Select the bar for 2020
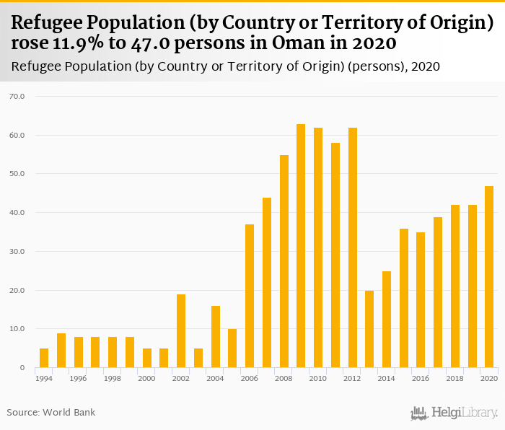click(x=489, y=277)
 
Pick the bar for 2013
click(x=369, y=329)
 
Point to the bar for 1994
click(x=44, y=358)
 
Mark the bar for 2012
click(x=352, y=247)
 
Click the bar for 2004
click(x=215, y=337)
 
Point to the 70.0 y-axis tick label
click(x=16, y=96)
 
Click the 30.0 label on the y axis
click(x=16, y=252)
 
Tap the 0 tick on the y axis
click(x=22, y=368)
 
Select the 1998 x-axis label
click(x=113, y=378)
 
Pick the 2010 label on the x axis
click(x=318, y=378)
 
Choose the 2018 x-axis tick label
click(x=454, y=378)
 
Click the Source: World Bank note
click(x=51, y=413)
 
